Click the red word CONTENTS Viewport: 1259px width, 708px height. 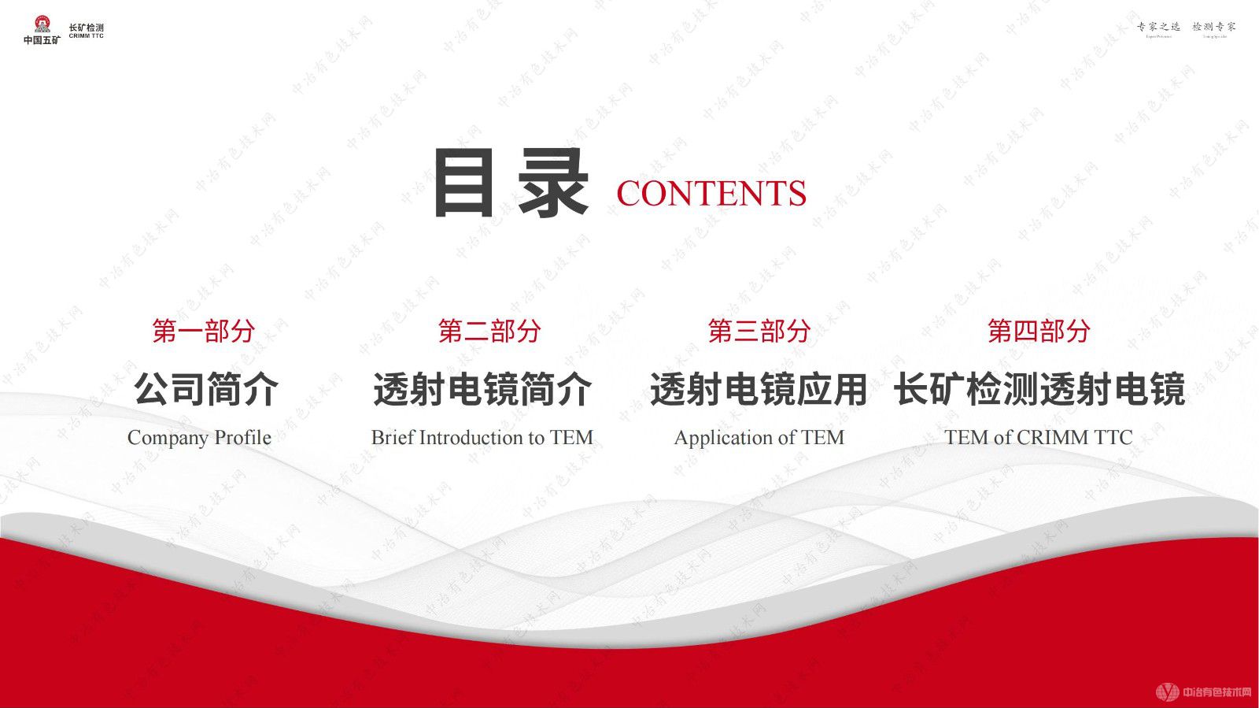click(x=711, y=194)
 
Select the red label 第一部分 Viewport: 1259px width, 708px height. click(x=204, y=331)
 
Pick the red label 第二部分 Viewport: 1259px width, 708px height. click(x=489, y=331)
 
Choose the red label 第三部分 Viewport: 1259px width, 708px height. click(x=759, y=331)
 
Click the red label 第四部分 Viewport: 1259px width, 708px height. click(x=1039, y=331)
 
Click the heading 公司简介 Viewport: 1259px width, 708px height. click(x=205, y=389)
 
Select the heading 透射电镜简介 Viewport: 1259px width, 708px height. click(x=482, y=389)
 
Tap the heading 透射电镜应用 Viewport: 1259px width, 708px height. click(x=759, y=389)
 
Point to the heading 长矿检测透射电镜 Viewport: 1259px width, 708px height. click(x=1039, y=389)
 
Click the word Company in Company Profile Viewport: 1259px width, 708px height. click(x=168, y=438)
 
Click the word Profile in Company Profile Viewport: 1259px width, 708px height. click(x=242, y=437)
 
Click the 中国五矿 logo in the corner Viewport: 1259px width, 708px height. click(x=42, y=30)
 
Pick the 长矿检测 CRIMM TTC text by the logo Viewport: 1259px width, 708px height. click(x=86, y=31)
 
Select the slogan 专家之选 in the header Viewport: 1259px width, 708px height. click(x=1158, y=28)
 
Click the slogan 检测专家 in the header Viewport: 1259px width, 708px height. click(x=1214, y=28)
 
